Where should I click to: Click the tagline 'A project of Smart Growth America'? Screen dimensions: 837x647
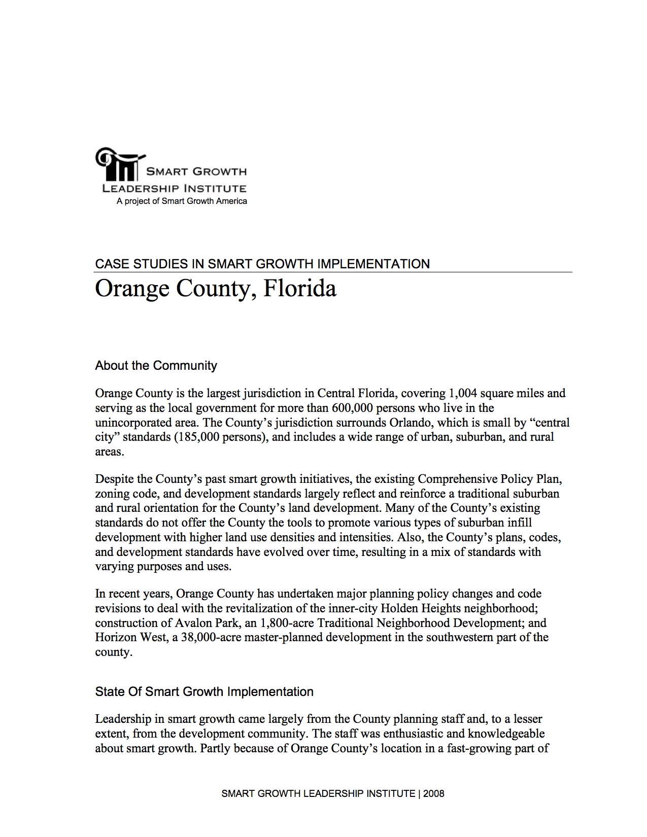182,201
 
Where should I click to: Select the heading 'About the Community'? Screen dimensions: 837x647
156,366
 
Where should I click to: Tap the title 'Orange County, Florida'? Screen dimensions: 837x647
216,289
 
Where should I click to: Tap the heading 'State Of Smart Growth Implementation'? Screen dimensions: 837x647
204,692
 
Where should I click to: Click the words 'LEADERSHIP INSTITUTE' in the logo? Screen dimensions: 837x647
174,189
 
